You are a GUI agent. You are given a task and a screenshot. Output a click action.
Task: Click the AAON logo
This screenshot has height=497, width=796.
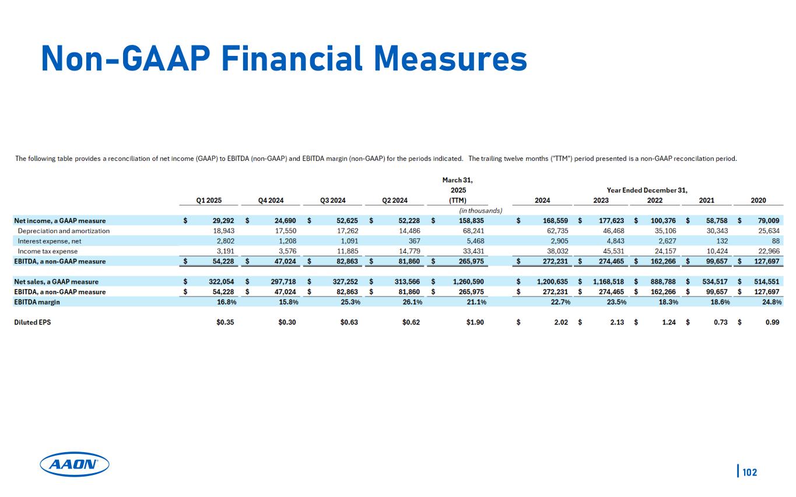click(75, 464)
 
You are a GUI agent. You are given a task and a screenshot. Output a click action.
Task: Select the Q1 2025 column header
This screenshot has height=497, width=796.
click(208, 200)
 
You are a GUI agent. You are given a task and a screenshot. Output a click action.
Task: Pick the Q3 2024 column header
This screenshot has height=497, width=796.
click(333, 200)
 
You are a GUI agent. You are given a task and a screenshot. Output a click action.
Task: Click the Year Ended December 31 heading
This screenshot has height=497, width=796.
click(647, 191)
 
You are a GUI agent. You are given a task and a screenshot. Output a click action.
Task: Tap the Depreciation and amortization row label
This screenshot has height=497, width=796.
click(64, 231)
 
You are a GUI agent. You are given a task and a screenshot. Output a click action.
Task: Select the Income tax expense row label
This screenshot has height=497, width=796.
click(48, 251)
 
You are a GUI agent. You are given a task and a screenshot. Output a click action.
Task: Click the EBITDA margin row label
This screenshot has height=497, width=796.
click(37, 302)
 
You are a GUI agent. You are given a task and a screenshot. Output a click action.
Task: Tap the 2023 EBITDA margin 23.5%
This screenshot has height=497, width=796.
click(613, 302)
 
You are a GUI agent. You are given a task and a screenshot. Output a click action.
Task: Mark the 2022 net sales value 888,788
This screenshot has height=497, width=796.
click(663, 281)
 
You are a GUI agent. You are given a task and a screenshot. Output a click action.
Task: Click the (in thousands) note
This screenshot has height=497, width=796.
click(476, 210)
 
